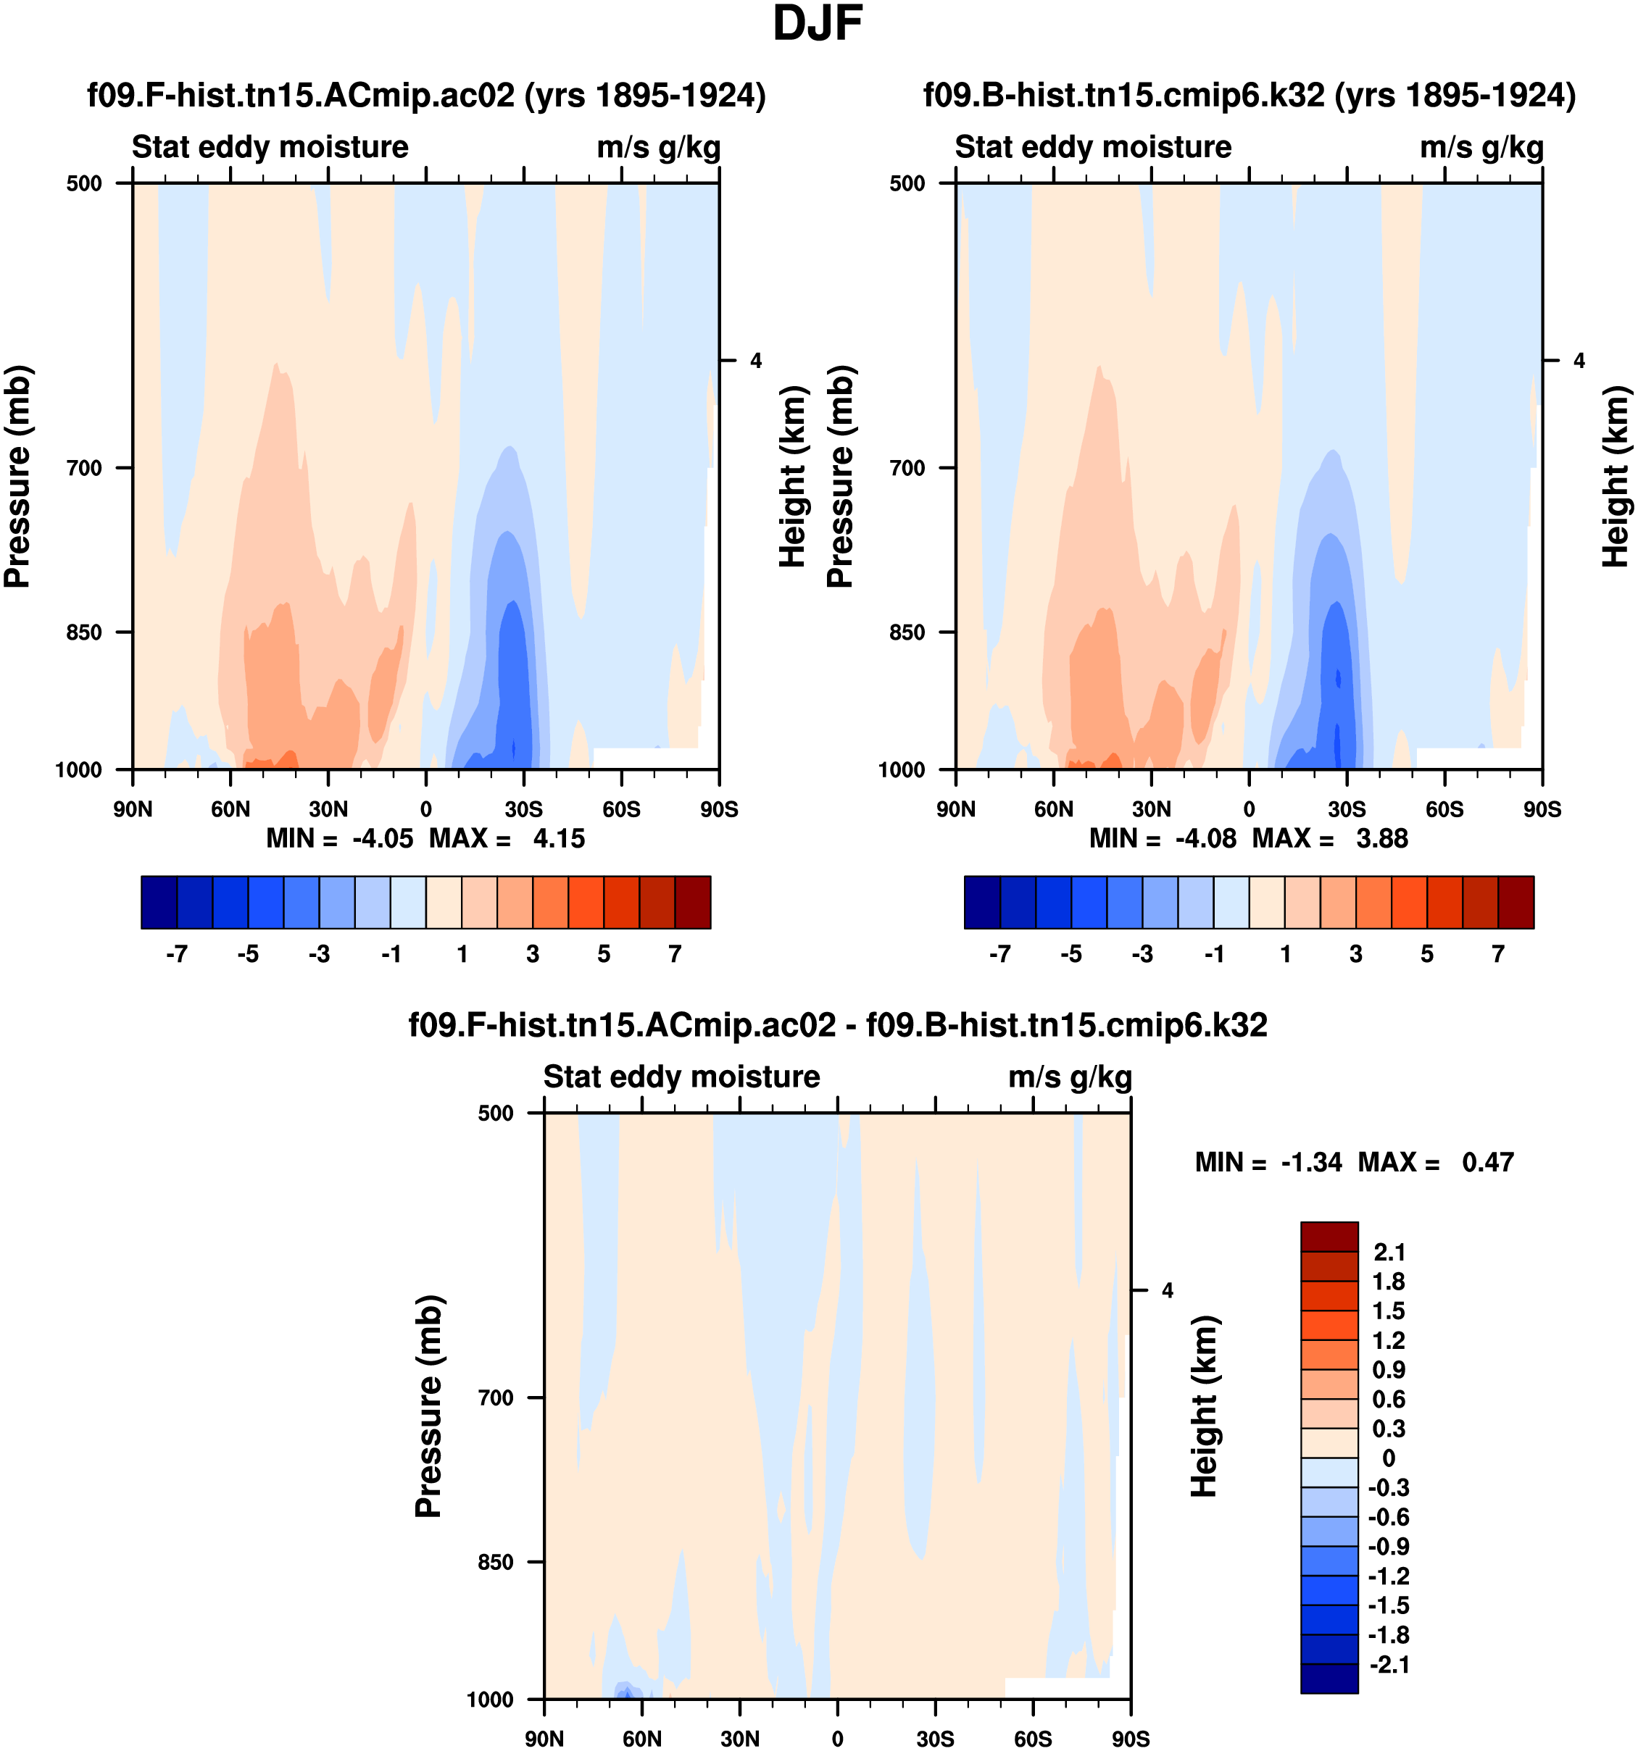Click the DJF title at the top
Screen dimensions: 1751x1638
point(817,25)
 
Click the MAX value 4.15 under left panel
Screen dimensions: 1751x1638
point(559,838)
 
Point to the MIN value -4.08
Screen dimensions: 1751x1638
point(1205,838)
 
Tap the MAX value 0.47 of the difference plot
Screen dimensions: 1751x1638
point(1487,1163)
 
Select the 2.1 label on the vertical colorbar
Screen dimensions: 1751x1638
point(1389,1252)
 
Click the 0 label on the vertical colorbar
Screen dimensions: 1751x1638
point(1389,1458)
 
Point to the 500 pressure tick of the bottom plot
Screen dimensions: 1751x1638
point(495,1113)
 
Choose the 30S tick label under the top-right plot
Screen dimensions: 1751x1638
point(1347,809)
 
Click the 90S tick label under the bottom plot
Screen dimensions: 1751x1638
point(1131,1739)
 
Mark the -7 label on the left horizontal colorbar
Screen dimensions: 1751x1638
point(176,954)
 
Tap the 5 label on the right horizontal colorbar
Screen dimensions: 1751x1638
point(1426,954)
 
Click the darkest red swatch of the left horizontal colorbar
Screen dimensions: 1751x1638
point(693,902)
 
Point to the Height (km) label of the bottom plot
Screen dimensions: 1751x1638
point(1204,1407)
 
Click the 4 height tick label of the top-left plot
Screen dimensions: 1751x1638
point(756,361)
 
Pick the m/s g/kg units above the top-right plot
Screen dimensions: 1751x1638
point(1481,147)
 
